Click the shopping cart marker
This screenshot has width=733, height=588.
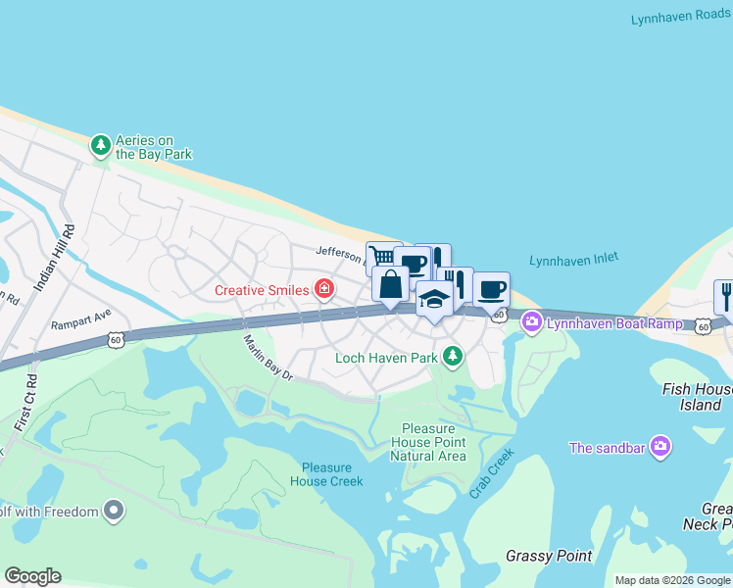[380, 256]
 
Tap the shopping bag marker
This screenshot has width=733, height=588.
[390, 285]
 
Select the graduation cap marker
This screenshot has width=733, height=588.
[434, 299]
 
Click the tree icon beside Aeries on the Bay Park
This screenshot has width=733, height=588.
[100, 146]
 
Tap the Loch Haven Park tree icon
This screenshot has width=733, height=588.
[452, 357]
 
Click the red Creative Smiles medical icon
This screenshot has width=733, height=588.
[323, 289]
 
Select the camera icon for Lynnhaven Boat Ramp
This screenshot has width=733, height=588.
[532, 320]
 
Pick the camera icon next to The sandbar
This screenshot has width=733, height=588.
[660, 448]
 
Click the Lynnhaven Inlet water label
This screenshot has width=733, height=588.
[573, 260]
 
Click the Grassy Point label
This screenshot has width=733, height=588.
[549, 556]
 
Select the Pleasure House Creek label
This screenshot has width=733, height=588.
[326, 474]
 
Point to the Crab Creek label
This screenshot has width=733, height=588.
[491, 473]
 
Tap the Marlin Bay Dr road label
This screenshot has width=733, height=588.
[268, 358]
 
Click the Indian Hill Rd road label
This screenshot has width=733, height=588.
[55, 257]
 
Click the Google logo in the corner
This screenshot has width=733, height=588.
[32, 576]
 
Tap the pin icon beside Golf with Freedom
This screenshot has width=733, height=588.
[115, 511]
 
